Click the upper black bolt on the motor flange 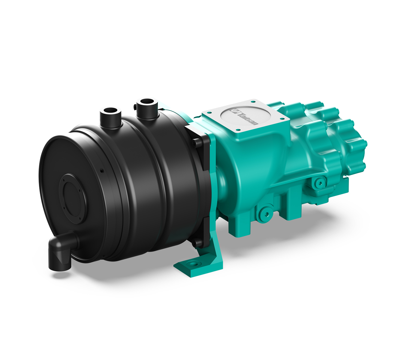(196, 142)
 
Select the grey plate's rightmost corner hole (283, 118)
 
